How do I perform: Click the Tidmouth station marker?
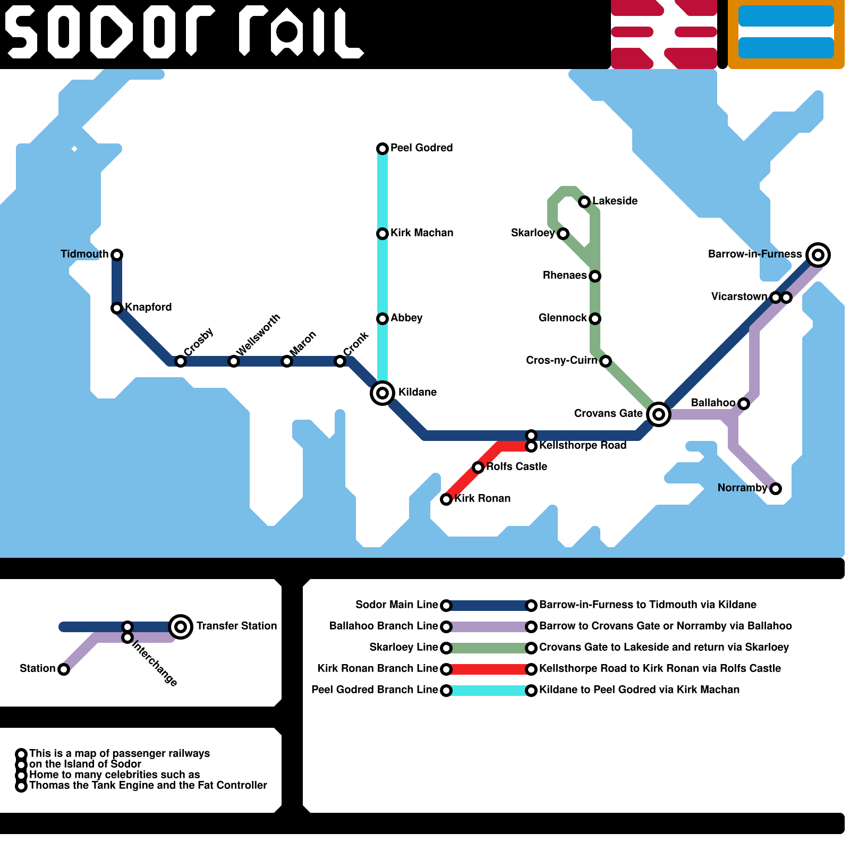pyautogui.click(x=117, y=255)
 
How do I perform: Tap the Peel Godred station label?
pyautogui.click(x=421, y=148)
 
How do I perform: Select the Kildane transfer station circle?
pyautogui.click(x=382, y=393)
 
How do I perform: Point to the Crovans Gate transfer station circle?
pyautogui.click(x=659, y=414)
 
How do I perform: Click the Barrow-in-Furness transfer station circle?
pyautogui.click(x=818, y=255)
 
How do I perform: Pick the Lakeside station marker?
pyautogui.click(x=584, y=202)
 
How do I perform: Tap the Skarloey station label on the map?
pyautogui.click(x=532, y=233)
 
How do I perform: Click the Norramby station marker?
pyautogui.click(x=776, y=489)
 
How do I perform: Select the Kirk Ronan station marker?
pyautogui.click(x=446, y=499)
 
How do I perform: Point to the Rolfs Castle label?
pyautogui.click(x=516, y=466)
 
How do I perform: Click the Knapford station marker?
pyautogui.click(x=117, y=308)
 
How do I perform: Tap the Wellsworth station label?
pyautogui.click(x=258, y=335)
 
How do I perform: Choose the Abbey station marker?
pyautogui.click(x=382, y=319)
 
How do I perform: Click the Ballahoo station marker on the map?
pyautogui.click(x=744, y=404)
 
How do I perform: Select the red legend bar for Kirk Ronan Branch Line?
pyautogui.click(x=489, y=669)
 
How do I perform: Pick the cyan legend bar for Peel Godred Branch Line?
pyautogui.click(x=489, y=691)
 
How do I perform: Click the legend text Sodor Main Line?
pyautogui.click(x=396, y=605)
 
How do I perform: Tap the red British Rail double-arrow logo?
pyautogui.click(x=664, y=34)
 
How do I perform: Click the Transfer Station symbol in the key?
pyautogui.click(x=181, y=627)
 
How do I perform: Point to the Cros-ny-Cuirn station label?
pyautogui.click(x=561, y=360)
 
